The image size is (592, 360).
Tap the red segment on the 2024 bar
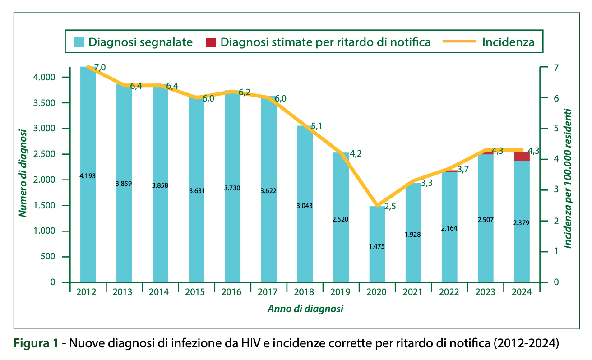[x=522, y=157]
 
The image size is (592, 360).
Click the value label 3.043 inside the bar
[x=305, y=206]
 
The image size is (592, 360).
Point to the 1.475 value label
[x=377, y=246]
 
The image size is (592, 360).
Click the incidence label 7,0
[x=100, y=68]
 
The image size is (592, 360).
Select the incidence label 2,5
[x=389, y=207]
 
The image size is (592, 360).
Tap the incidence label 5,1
[x=316, y=126]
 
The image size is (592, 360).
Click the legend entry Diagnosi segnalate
[x=140, y=42]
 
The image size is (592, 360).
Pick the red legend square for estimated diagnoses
[x=211, y=42]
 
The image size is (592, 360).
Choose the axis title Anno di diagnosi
[x=305, y=309]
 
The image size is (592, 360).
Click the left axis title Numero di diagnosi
[x=23, y=173]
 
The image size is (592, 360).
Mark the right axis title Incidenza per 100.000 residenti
[x=569, y=178]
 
